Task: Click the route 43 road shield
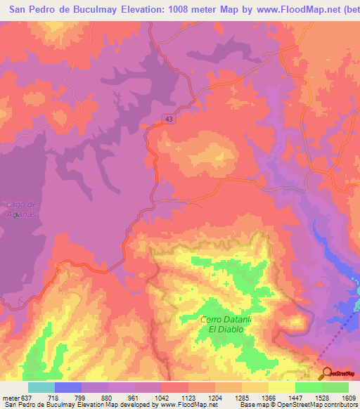click(170, 119)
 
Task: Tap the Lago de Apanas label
click(20, 209)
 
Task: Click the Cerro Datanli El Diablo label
click(225, 324)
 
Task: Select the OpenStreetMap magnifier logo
click(326, 375)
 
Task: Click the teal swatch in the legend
click(41, 387)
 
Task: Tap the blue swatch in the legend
click(67, 387)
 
